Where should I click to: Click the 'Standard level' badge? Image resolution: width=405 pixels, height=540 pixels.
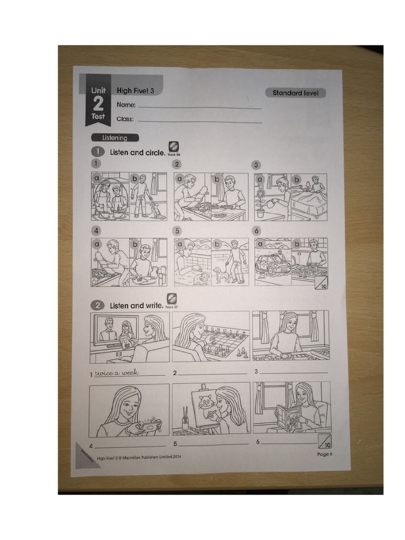tap(295, 93)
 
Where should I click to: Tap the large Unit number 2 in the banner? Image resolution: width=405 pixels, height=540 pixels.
tap(98, 103)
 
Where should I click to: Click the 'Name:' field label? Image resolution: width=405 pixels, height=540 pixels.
tap(126, 105)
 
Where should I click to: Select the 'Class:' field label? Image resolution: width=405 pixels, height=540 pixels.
tap(125, 119)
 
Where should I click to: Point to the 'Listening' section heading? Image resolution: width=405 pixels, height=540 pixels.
tap(115, 138)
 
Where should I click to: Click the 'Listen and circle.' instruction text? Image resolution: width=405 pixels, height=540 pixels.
tap(137, 152)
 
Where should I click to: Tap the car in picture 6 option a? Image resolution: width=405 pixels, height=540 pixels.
tap(272, 265)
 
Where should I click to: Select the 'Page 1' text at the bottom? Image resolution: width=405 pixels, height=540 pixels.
tap(323, 454)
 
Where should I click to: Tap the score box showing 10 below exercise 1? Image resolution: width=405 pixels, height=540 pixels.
tap(321, 283)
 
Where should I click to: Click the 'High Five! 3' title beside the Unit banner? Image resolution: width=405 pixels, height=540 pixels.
tap(136, 90)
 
